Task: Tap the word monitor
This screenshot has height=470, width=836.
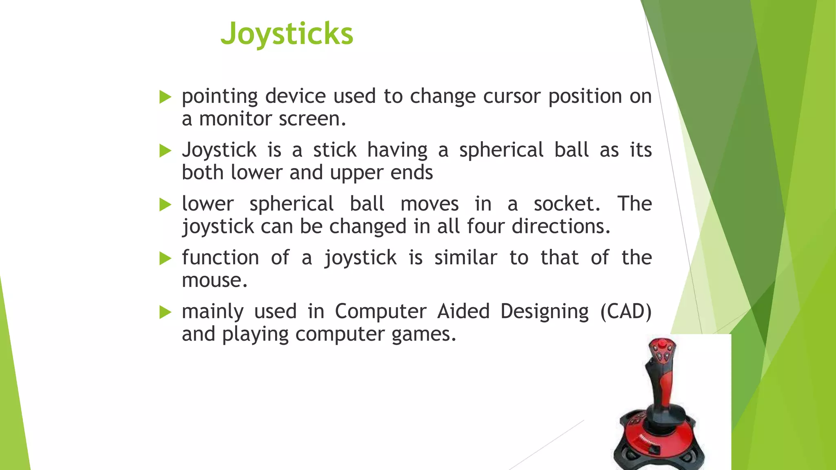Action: tap(235, 119)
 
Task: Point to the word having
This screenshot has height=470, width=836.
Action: tap(397, 150)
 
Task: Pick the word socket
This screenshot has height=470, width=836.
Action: tap(567, 204)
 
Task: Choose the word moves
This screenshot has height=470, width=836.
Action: tap(429, 204)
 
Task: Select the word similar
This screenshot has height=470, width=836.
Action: tap(465, 258)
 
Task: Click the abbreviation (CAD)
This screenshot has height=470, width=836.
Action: tap(626, 312)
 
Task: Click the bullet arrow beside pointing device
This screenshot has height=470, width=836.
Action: tap(165, 97)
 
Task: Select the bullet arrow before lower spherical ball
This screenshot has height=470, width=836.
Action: tap(165, 204)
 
